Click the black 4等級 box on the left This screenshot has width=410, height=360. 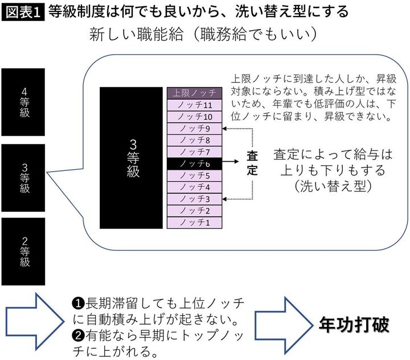[24, 103]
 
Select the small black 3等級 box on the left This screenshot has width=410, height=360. [24, 178]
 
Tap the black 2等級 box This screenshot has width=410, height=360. [24, 251]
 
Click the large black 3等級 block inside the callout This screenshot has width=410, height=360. [131, 158]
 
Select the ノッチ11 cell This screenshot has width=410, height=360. [195, 105]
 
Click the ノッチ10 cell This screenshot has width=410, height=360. [195, 117]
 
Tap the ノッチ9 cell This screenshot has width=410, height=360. [195, 128]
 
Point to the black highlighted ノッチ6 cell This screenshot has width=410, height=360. [195, 163]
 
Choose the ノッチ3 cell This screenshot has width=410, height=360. [195, 199]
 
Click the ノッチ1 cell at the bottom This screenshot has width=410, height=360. [195, 223]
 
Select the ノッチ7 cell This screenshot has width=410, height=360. [195, 152]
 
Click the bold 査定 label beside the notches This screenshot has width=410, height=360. [253, 163]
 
